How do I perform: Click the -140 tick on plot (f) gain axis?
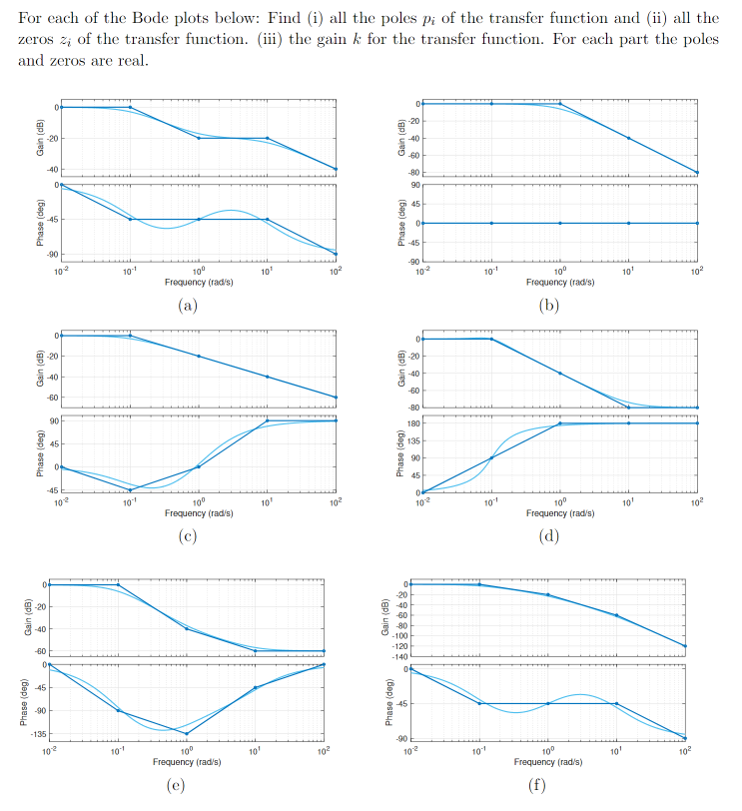(400, 655)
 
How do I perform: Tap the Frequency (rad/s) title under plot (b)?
(559, 282)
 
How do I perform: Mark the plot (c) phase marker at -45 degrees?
(130, 489)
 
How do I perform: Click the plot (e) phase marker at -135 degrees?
(187, 734)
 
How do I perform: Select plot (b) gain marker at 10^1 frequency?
(628, 138)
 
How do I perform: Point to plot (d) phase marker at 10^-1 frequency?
(490, 458)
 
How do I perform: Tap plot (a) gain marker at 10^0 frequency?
(199, 138)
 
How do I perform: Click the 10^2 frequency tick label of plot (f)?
(684, 749)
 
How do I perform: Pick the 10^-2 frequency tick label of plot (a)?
(61, 271)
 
